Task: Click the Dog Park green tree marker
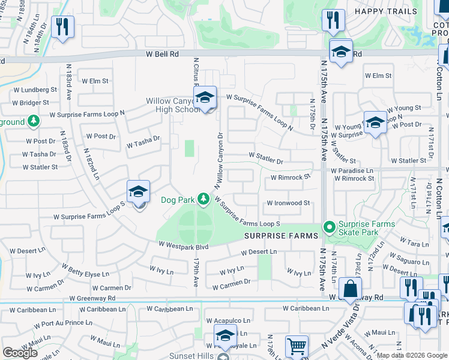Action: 203,199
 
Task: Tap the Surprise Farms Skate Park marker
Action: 328,227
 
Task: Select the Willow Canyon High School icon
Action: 205,98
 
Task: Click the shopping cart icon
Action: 297,347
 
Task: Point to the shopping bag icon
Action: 350,289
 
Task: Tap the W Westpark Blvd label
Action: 183,245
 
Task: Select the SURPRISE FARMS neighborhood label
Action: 280,236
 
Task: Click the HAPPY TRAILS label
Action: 386,11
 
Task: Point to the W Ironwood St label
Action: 288,203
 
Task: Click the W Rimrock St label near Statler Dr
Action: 291,178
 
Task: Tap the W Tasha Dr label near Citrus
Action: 143,142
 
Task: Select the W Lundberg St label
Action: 35,89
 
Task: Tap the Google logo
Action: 20,353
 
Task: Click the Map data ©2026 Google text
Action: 411,355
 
